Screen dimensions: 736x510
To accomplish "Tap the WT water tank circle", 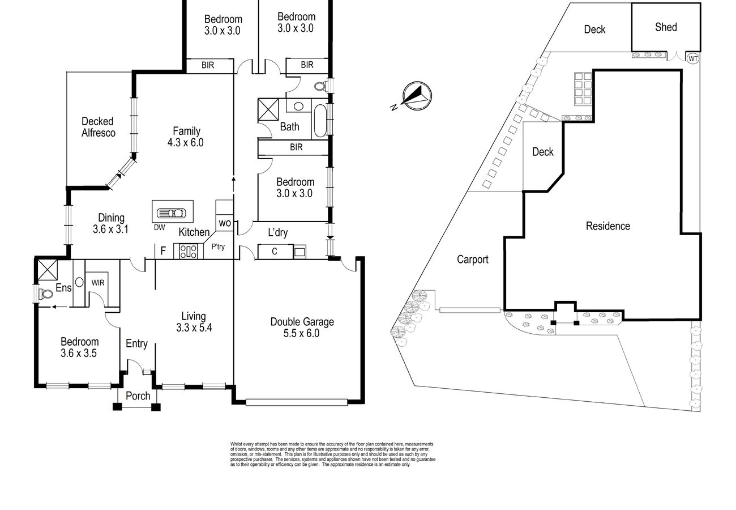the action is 693,59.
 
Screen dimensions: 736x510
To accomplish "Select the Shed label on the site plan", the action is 666,27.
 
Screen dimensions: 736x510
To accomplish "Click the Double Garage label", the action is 302,322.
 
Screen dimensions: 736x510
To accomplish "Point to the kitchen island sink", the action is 171,213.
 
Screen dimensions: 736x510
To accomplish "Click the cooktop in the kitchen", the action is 189,252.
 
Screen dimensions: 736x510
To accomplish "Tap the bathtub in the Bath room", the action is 320,121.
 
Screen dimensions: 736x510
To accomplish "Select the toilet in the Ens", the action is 46,294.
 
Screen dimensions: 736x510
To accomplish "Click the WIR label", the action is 98,282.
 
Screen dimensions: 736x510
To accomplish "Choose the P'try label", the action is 218,246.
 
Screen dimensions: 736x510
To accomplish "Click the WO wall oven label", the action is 225,223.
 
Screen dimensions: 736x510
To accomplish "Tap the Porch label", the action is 138,396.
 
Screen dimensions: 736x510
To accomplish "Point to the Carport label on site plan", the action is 473,260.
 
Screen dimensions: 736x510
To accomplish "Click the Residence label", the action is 608,226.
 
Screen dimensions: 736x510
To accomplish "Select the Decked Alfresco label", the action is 98,127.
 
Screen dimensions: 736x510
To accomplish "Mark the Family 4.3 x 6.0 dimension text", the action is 185,142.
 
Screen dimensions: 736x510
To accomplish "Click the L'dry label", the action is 278,232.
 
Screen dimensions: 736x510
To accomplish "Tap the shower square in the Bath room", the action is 268,109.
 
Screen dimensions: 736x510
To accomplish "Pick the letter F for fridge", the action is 163,251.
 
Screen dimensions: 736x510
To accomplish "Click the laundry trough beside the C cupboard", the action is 299,252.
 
